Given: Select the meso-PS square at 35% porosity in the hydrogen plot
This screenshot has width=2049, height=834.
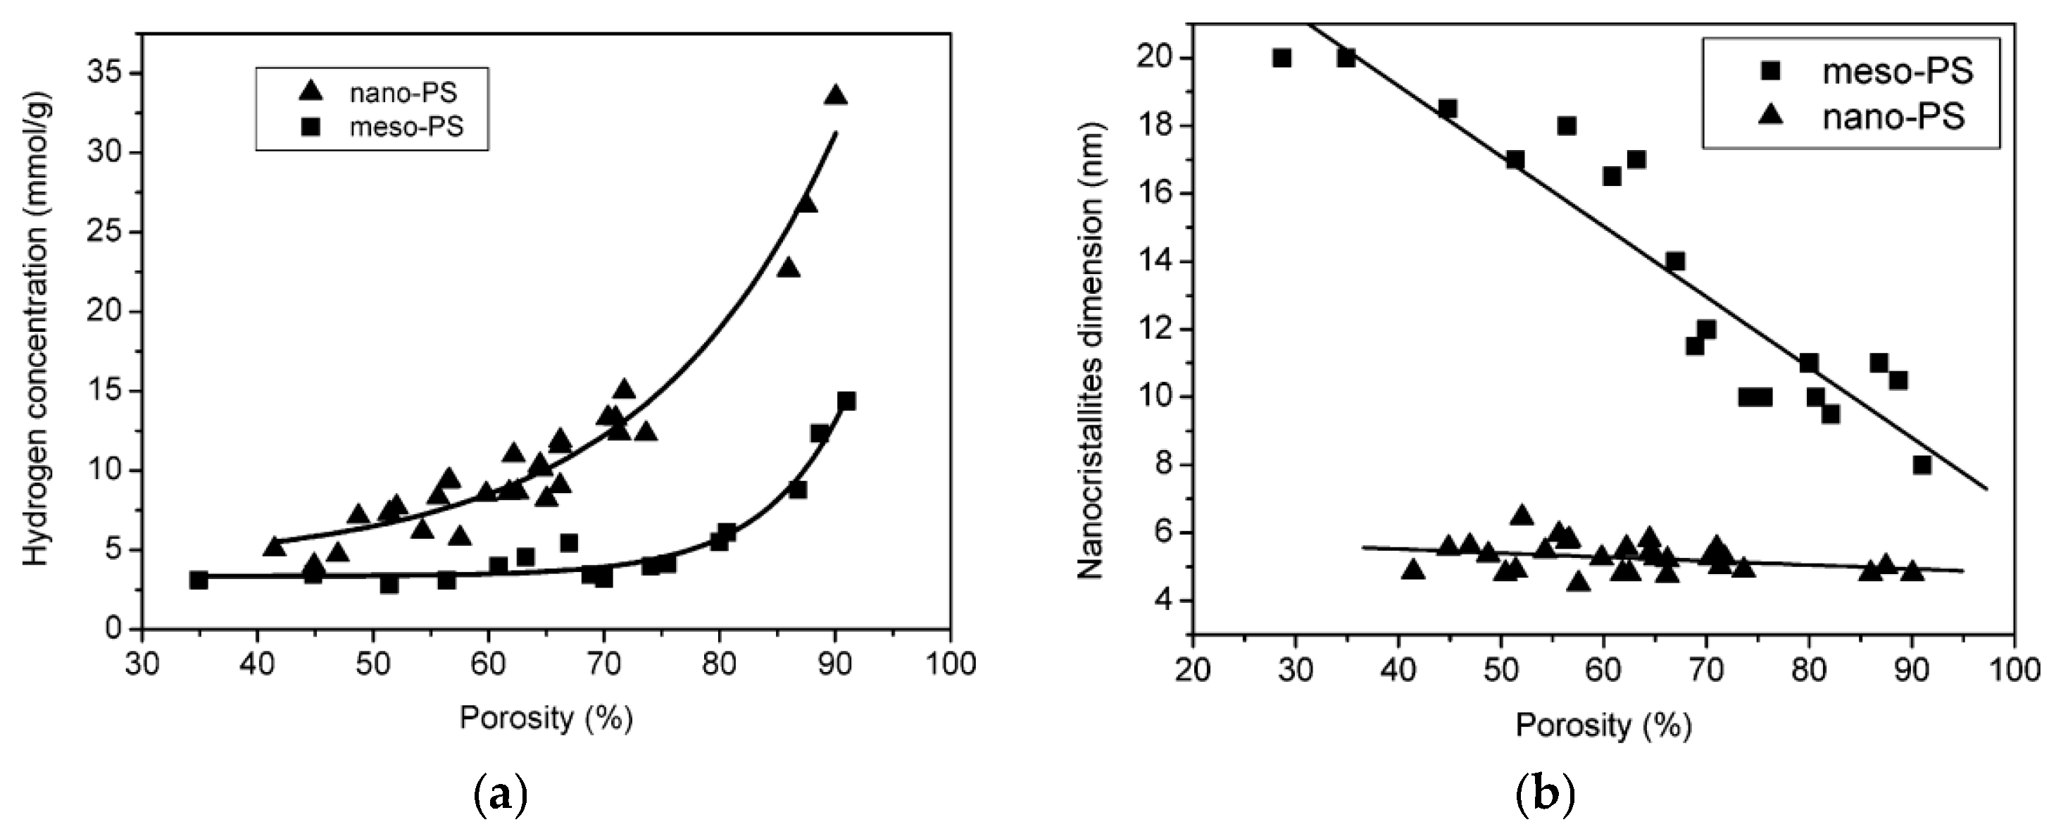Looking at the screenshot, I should [x=199, y=580].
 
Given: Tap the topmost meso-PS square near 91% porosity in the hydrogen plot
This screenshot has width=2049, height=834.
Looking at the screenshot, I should [x=846, y=401].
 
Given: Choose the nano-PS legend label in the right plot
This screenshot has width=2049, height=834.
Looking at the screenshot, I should [x=1893, y=117].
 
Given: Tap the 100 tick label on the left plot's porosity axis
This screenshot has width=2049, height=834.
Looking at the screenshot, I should [x=951, y=663].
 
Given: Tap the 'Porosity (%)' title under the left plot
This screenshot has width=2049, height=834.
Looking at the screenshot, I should [x=546, y=718].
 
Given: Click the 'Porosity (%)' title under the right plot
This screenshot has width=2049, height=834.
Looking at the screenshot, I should [x=1603, y=724].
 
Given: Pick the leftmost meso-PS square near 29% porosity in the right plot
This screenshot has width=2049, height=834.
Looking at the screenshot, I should [x=1282, y=58].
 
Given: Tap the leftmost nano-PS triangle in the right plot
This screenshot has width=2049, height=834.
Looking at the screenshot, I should [x=1413, y=570].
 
